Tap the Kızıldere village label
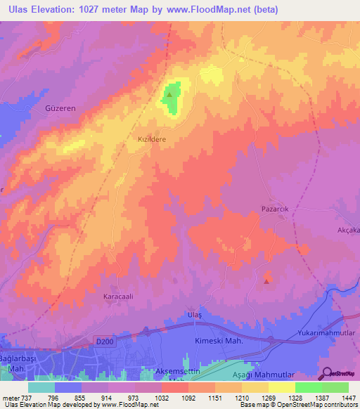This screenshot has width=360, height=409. (x=151, y=140)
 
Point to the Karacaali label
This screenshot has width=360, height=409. (x=119, y=297)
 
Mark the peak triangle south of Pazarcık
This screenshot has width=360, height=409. (x=266, y=281)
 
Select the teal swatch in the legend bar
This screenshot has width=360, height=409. (x=41, y=387)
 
